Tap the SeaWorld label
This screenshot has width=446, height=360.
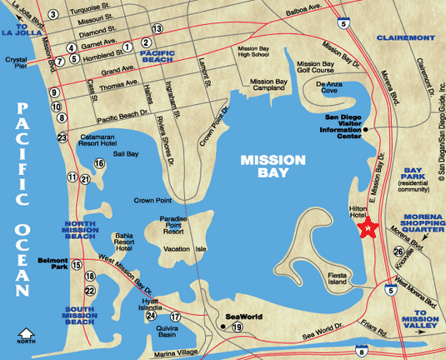click(243, 317)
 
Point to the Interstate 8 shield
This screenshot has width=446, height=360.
click(361, 352)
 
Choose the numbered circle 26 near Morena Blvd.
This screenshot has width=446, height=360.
click(398, 252)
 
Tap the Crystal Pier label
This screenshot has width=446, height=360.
click(18, 65)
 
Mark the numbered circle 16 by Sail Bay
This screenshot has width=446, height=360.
click(99, 163)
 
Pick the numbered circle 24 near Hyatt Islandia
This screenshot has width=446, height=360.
click(151, 316)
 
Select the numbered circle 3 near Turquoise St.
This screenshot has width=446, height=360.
click(53, 14)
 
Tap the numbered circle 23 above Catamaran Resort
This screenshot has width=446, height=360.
click(62, 137)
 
